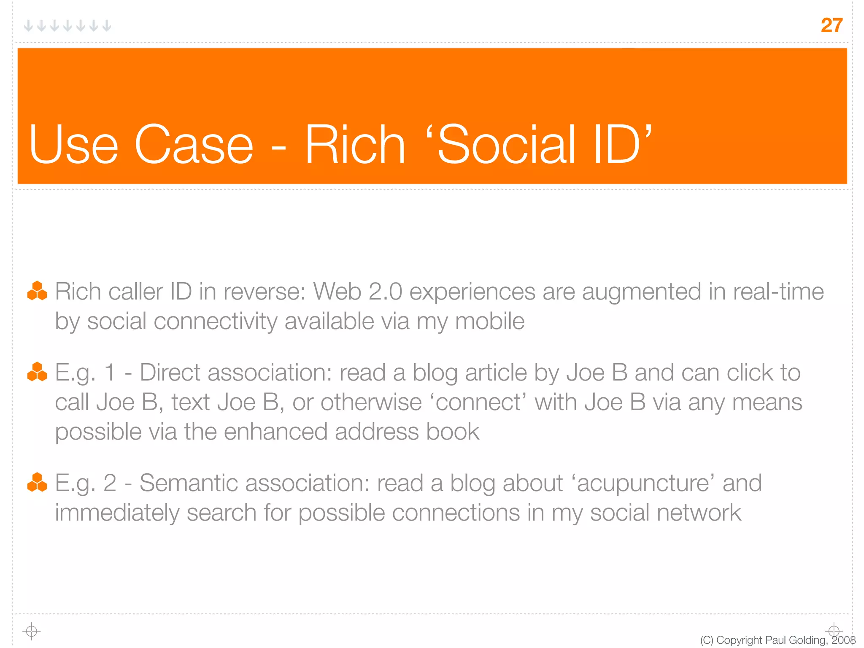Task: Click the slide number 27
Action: tap(832, 25)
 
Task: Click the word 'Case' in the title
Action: tap(194, 145)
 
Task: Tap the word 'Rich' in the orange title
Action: tap(355, 145)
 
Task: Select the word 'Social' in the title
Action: tap(506, 145)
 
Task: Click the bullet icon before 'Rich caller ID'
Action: tap(37, 291)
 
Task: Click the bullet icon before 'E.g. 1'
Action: tap(37, 372)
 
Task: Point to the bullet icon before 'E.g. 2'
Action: tap(37, 482)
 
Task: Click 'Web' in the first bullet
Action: tap(337, 292)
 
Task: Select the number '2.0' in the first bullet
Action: tap(385, 292)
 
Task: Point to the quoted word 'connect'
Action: tap(478, 402)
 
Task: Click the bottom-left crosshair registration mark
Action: tap(31, 631)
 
